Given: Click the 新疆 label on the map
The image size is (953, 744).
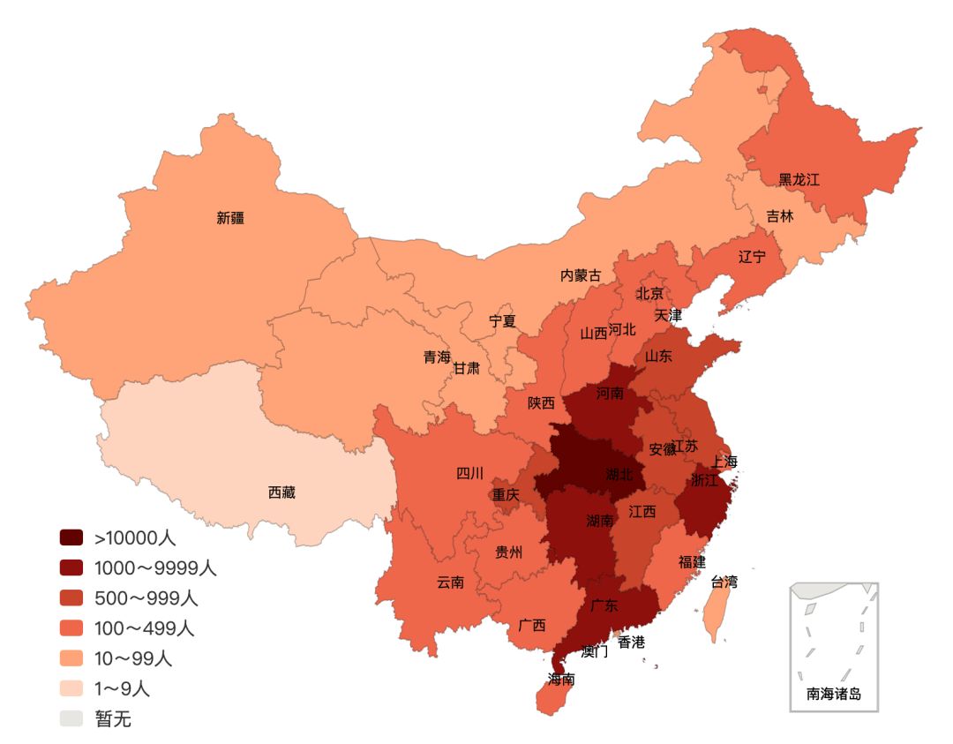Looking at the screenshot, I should coord(230,218).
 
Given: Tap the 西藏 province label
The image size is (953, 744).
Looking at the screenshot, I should coord(281,492).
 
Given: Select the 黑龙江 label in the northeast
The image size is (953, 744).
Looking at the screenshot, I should coord(799,180).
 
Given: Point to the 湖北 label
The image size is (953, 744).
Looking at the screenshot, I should coord(619,475).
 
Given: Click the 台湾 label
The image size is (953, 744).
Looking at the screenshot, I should coord(724,582).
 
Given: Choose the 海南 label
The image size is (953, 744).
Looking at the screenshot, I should coord(561,680).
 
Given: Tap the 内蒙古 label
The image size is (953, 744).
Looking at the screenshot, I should coord(581,275).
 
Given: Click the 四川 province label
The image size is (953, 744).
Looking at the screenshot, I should coord(469,473).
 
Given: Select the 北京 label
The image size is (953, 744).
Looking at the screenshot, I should coord(649,293).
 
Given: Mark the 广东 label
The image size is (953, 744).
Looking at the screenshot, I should coord(604,605).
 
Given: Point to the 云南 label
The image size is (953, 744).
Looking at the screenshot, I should coord(450,582).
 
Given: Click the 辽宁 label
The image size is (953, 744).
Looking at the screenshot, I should coord(752,256).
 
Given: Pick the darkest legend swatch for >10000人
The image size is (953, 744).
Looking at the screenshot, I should coord(71,537).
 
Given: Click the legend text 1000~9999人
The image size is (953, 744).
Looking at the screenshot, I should coord(155,567).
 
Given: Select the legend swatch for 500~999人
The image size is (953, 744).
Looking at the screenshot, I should coord(71,597).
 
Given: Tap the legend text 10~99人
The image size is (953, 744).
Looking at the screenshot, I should coord(133,658).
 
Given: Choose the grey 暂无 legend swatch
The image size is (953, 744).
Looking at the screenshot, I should coord(71,718).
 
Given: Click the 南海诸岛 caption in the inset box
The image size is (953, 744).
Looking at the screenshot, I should coord(834,694).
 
